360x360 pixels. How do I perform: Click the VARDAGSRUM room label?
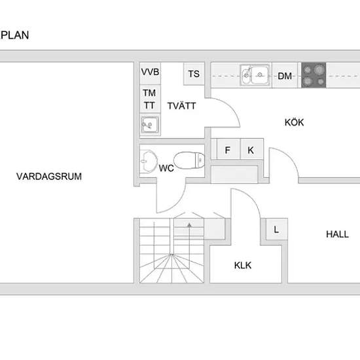[x=49, y=176]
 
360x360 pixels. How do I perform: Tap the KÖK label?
[x=294, y=122]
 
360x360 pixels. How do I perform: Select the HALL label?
[x=337, y=234]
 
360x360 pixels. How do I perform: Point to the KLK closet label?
[x=243, y=265]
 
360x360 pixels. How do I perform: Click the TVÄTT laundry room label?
[x=181, y=105]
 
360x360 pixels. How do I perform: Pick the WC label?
[x=166, y=168]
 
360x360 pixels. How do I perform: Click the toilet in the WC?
[x=189, y=160]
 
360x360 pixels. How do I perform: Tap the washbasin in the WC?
[x=148, y=161]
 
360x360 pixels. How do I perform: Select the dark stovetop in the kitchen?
[x=314, y=75]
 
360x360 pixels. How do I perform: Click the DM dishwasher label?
[x=285, y=76]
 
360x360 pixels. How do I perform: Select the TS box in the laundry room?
[x=194, y=74]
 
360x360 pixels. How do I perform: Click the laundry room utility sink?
[x=150, y=125]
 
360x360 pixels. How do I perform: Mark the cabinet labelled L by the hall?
[x=276, y=229]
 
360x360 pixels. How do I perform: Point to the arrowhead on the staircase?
[x=189, y=225]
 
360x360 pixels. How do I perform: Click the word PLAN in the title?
[x=15, y=35]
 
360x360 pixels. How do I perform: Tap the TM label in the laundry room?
[x=149, y=93]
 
